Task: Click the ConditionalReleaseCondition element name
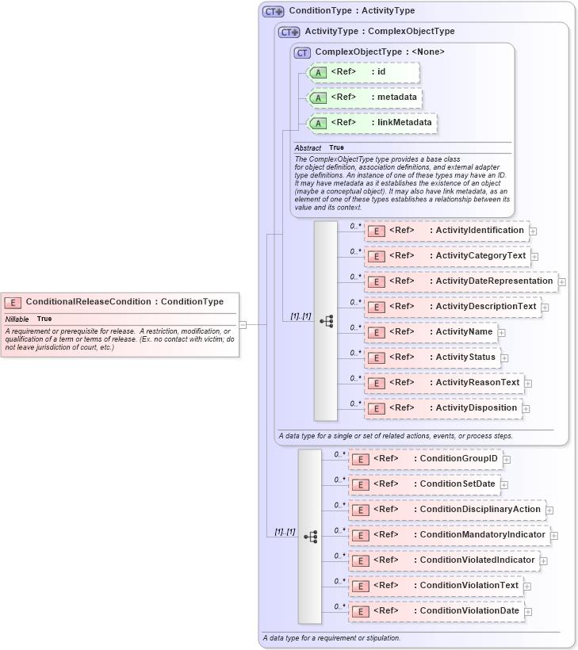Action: tap(124, 302)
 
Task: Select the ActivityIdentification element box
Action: tap(446, 231)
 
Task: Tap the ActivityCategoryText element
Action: tap(446, 256)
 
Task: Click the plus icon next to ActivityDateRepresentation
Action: tap(561, 281)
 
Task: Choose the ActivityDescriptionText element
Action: tap(452, 307)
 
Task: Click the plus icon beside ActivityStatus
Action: tap(503, 357)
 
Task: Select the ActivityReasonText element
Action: tap(443, 383)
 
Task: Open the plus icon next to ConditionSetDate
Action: tap(503, 484)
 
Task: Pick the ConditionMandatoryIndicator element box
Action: tap(449, 535)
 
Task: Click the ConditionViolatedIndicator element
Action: tap(444, 560)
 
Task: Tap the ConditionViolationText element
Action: tap(435, 586)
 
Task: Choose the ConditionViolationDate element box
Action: tap(436, 611)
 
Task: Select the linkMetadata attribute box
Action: tap(372, 123)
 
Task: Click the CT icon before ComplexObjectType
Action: tap(302, 52)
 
